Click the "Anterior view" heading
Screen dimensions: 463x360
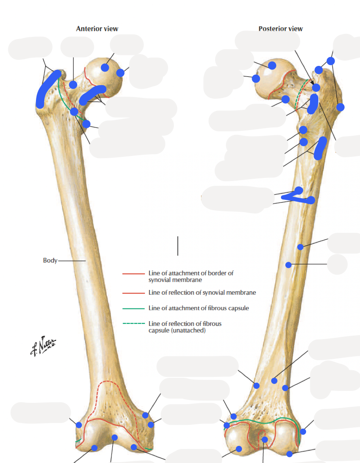[x=97, y=29]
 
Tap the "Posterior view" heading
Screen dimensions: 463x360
[x=281, y=29]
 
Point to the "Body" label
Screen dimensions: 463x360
[x=50, y=260]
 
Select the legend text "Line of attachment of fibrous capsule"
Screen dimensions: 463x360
[x=199, y=308]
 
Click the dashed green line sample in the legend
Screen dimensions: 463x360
[x=133, y=324]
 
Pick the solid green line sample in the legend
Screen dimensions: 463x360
[x=133, y=308]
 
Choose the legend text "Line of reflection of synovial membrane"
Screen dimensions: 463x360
[x=202, y=293]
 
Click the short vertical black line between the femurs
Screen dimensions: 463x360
[x=178, y=246]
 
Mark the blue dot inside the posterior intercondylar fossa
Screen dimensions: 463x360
[x=265, y=439]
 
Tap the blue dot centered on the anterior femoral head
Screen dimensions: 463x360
[x=104, y=67]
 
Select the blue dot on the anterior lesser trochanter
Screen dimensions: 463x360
[x=86, y=124]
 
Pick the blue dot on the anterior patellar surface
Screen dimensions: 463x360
[x=114, y=438]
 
